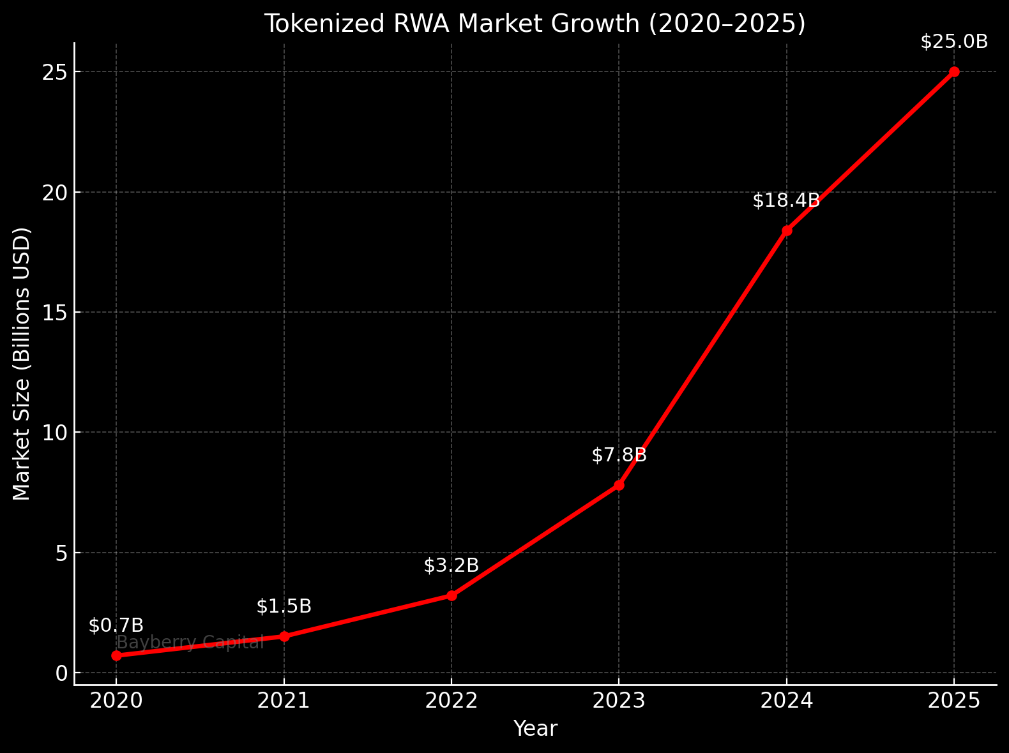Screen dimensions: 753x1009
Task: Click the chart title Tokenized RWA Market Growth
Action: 535,24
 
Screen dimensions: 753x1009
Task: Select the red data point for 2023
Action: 619,485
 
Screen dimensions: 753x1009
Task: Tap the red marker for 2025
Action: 954,71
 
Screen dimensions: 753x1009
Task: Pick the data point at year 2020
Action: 116,655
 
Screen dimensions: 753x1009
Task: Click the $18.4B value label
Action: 786,201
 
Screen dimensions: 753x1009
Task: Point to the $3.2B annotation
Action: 451,565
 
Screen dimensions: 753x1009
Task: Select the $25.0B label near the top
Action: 954,42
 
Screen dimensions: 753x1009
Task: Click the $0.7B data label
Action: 116,626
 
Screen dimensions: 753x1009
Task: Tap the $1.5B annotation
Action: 284,606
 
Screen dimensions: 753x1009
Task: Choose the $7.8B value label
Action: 619,456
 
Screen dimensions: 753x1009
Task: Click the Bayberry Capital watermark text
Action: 190,643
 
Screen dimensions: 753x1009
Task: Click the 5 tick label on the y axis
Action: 61,553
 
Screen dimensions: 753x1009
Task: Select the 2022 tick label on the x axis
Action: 451,701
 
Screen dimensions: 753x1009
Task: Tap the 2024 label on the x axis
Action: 786,701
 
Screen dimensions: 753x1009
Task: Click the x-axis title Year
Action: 535,729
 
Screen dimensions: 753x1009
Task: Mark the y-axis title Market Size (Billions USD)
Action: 22,364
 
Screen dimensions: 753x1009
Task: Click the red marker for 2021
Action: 284,636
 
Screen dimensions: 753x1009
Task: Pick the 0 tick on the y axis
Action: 61,673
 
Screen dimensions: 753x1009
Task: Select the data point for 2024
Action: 787,230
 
